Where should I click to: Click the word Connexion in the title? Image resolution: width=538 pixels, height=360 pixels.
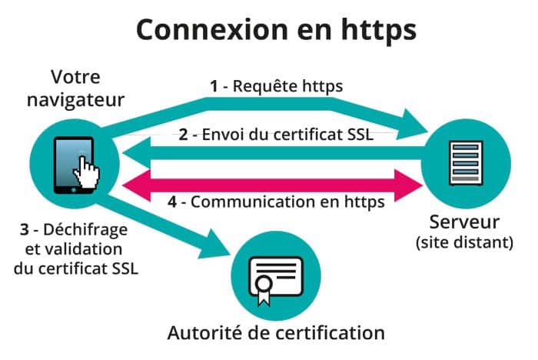tap(212, 30)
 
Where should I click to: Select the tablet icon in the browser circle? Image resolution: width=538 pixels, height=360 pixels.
tap(74, 165)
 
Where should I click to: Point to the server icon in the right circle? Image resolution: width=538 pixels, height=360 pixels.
tap(466, 163)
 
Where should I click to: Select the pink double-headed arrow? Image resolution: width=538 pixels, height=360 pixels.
tap(272, 185)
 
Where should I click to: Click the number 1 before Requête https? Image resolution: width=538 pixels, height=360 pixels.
tap(214, 86)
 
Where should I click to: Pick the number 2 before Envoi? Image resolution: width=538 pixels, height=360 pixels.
tap(183, 135)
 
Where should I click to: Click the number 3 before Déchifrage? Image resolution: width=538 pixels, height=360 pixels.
tap(24, 229)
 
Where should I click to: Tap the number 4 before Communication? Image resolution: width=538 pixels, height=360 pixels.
tap(172, 202)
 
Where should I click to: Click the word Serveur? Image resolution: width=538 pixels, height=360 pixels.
tap(464, 222)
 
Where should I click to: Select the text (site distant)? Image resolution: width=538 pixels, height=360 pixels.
tap(464, 242)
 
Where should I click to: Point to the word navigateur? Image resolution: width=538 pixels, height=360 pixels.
tap(75, 100)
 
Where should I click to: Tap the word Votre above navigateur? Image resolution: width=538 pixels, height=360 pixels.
tap(75, 77)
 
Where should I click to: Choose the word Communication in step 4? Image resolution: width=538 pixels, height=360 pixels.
tap(253, 202)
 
